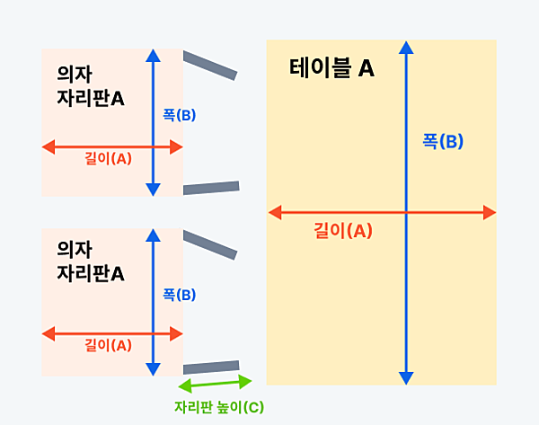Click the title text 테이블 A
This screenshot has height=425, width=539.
(x=331, y=67)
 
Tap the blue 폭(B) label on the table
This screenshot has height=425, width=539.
(x=443, y=141)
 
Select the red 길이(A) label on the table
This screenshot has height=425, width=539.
(x=343, y=230)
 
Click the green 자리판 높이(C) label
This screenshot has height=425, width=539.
(x=219, y=407)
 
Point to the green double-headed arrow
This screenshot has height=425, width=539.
(x=215, y=383)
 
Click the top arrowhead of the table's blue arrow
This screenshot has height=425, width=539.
(x=406, y=48)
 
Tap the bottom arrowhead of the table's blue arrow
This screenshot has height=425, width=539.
(x=406, y=378)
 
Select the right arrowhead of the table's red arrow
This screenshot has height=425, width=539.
(x=490, y=212)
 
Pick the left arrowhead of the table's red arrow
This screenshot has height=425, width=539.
(x=275, y=212)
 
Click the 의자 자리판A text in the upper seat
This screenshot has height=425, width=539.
(x=91, y=86)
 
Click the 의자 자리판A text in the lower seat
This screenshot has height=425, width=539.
(x=91, y=261)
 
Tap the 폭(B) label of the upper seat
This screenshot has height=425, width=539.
(x=179, y=115)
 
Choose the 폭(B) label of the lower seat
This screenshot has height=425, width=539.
(x=179, y=295)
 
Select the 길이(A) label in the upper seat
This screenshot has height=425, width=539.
(x=108, y=158)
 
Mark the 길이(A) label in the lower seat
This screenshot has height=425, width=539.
(x=108, y=345)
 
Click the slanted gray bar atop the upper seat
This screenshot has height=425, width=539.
(x=210, y=66)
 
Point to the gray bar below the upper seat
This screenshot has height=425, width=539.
(x=211, y=188)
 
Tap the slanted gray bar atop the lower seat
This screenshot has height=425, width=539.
(x=210, y=244)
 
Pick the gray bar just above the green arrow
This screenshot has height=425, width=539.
(x=211, y=367)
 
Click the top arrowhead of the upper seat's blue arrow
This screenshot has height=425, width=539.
(x=153, y=56)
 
